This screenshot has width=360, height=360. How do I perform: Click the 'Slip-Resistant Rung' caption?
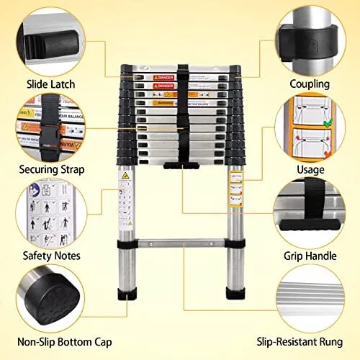click(311, 342)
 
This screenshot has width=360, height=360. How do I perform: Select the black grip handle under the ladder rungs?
click(181, 166)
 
